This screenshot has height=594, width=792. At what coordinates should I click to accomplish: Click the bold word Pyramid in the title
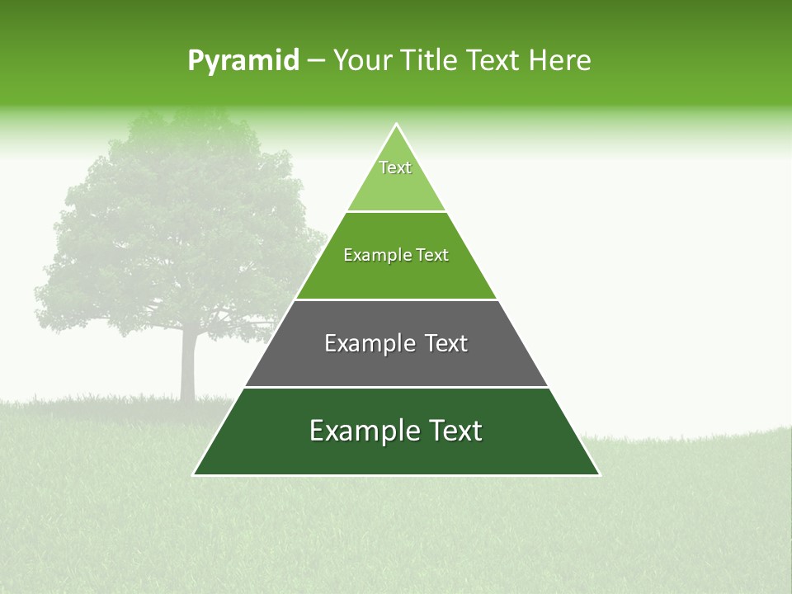click(243, 61)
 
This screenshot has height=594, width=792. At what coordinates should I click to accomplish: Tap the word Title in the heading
click(430, 61)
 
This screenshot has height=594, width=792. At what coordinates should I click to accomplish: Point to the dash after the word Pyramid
click(316, 62)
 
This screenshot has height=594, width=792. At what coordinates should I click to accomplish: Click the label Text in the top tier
click(395, 167)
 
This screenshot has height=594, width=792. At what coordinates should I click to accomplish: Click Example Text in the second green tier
click(396, 255)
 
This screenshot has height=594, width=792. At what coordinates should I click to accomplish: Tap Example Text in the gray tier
click(396, 343)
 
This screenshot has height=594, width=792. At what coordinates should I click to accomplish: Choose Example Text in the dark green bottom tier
click(396, 431)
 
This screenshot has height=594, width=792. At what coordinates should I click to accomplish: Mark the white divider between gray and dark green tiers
click(396, 387)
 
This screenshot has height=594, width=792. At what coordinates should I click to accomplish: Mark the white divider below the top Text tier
click(396, 211)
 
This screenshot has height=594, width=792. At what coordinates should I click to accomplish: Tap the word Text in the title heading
click(493, 61)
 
